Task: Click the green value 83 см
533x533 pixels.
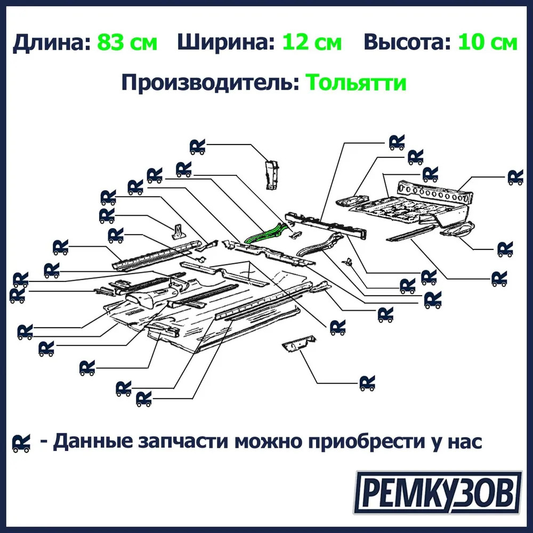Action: (127, 42)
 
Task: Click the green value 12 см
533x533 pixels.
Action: (312, 42)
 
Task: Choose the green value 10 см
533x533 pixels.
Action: (488, 42)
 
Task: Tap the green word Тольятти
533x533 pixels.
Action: (356, 82)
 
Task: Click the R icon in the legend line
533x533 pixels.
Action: (21, 443)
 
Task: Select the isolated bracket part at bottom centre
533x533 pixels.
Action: (299, 344)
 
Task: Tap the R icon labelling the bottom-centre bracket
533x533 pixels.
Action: (367, 383)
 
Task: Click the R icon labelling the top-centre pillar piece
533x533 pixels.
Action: (198, 147)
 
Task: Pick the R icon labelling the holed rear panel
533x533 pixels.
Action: (515, 177)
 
